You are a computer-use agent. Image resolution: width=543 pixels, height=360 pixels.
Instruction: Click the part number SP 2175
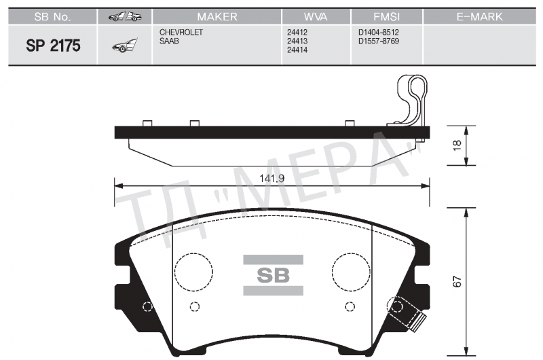point(53,46)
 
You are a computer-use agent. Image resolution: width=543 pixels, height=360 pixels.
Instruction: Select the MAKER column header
point(217,16)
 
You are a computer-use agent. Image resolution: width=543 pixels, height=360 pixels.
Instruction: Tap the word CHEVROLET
point(181,32)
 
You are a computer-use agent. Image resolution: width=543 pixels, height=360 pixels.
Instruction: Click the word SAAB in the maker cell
point(169,41)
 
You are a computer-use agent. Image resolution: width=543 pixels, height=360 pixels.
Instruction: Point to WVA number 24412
point(297,32)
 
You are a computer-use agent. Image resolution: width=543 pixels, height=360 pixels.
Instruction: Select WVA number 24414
point(297,50)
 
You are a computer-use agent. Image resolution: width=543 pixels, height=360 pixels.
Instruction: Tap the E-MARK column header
point(479,16)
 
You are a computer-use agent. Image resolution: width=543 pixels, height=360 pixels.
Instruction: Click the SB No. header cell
point(52,16)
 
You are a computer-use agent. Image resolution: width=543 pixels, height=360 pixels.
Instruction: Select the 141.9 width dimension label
point(271,178)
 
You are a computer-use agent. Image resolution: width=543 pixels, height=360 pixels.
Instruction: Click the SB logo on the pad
point(272,276)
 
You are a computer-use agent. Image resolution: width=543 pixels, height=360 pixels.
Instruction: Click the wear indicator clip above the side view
point(411,102)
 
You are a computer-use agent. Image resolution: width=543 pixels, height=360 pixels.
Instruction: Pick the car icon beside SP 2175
point(124,46)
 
